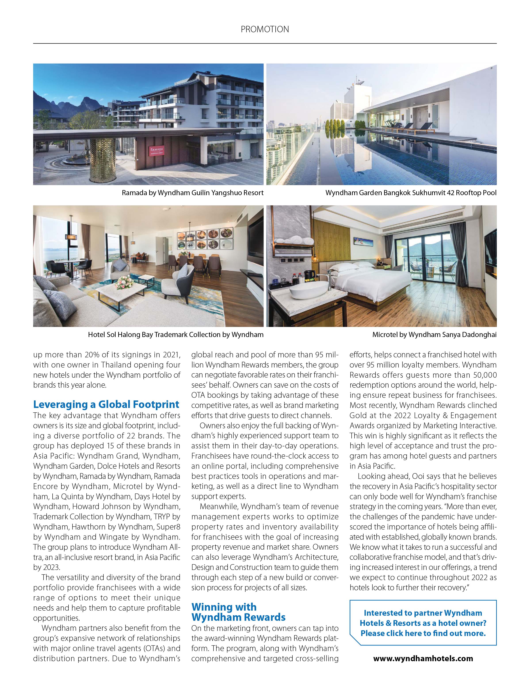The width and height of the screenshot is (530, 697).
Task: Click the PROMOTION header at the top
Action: (x=265, y=29)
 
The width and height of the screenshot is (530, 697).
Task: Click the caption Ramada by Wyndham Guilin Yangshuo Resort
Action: (x=193, y=193)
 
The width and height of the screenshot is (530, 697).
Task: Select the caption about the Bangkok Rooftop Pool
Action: (x=411, y=193)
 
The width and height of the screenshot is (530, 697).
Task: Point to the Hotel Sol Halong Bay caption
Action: (x=175, y=335)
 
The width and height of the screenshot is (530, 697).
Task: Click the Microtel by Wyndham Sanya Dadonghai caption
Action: (x=434, y=335)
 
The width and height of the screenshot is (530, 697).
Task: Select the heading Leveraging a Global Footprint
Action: (x=106, y=404)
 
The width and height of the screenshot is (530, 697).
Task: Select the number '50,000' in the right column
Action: (x=485, y=375)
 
